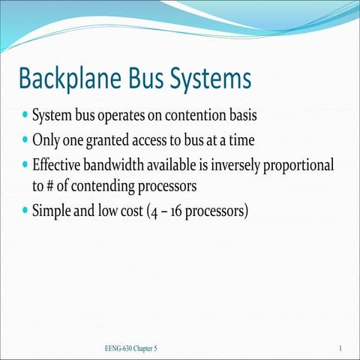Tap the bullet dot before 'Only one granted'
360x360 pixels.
25,139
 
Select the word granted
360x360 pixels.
112,140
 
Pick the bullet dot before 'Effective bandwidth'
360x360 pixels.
25,163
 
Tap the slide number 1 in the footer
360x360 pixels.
340,349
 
